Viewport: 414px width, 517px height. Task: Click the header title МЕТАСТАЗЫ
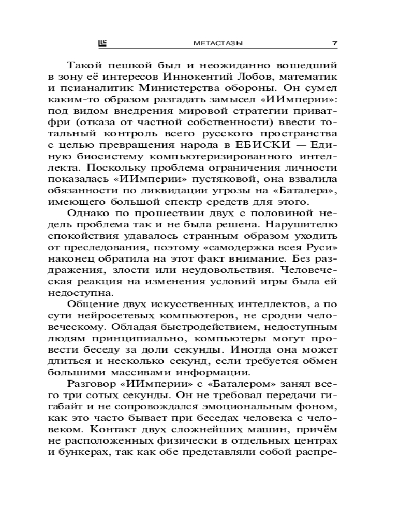213,44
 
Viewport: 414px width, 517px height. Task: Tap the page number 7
335,44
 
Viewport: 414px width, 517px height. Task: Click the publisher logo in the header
101,44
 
